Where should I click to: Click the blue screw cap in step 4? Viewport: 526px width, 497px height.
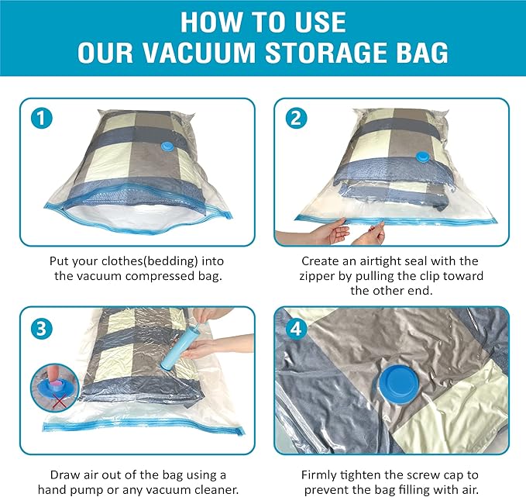tap(395, 382)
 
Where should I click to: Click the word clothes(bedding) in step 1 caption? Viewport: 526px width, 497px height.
tap(147, 261)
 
